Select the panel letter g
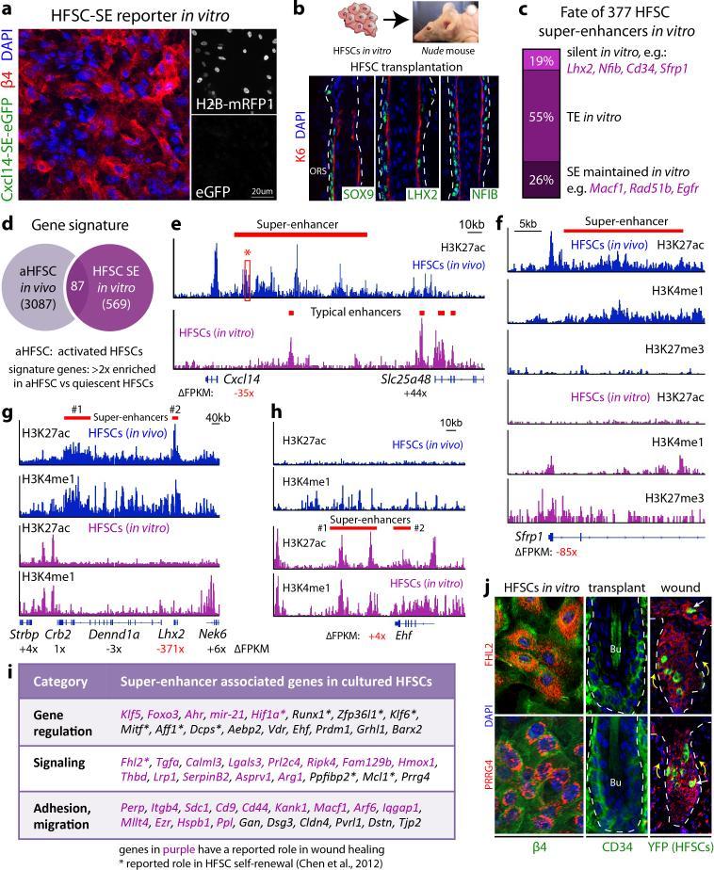pos(8,413)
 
